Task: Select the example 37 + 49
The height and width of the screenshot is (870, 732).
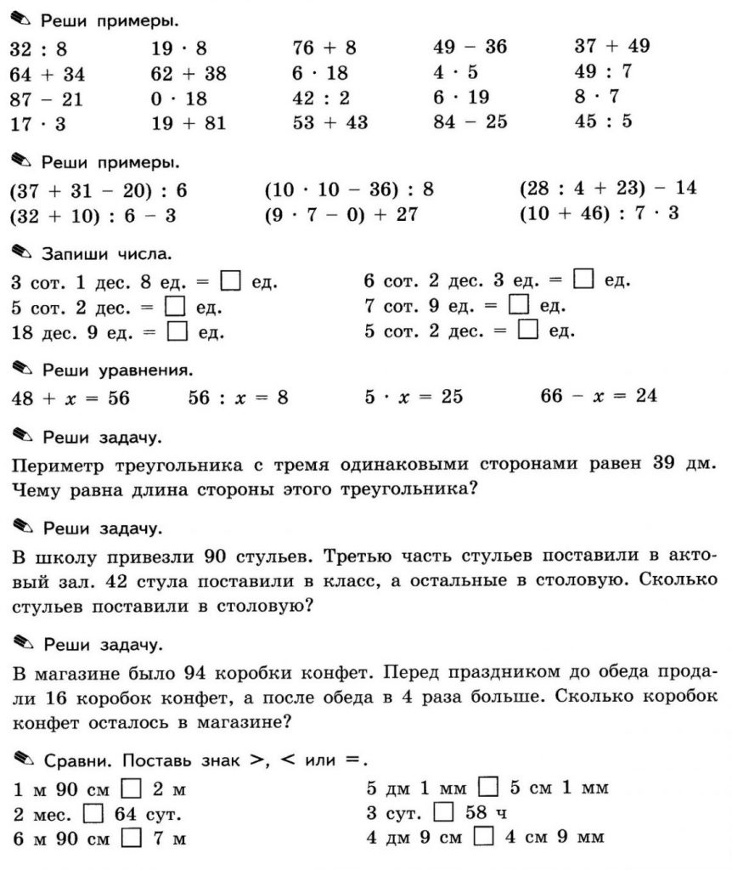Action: pos(611,46)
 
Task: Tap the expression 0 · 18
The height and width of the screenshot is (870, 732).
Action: pos(178,98)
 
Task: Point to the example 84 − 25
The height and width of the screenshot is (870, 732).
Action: pos(470,122)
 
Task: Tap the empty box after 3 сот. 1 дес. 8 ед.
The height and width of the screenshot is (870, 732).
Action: pos(229,280)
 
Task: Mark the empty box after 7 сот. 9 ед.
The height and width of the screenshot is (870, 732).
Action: pos(518,304)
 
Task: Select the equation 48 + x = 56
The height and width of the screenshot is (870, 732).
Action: pos(70,397)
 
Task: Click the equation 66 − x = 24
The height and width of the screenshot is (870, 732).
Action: pos(599,395)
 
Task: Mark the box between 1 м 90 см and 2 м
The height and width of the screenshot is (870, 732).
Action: pos(132,788)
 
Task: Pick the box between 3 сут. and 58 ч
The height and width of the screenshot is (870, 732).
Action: pos(443,811)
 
